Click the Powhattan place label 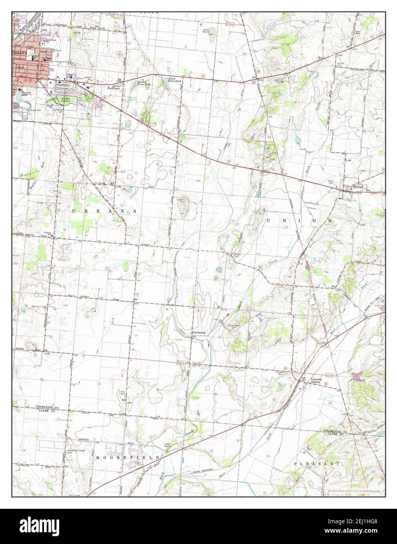[199, 332]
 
